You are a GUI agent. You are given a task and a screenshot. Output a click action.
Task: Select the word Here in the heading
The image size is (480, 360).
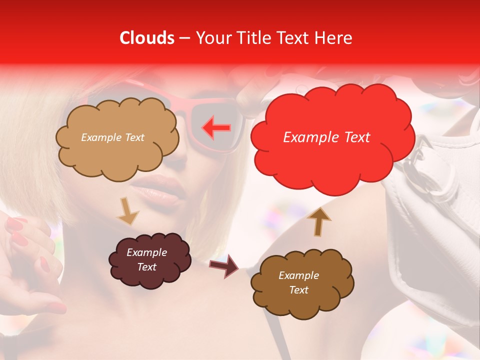[x=333, y=38]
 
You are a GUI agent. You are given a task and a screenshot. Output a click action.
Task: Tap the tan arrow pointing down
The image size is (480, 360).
[x=127, y=210]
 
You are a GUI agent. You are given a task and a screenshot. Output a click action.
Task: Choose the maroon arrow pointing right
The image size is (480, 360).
[x=224, y=265]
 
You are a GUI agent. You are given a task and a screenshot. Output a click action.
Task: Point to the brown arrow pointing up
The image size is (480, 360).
[x=318, y=221]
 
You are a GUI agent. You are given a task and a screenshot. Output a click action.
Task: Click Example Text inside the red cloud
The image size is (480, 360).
[x=326, y=137]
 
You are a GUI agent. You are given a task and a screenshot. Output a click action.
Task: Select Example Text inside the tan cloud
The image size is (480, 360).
[x=112, y=137]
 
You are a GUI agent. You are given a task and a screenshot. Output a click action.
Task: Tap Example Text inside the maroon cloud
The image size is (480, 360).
[x=147, y=259]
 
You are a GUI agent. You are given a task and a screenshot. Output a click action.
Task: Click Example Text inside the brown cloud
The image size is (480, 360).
[x=298, y=282]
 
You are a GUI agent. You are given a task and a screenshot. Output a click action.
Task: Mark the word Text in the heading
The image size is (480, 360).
[x=293, y=38]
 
